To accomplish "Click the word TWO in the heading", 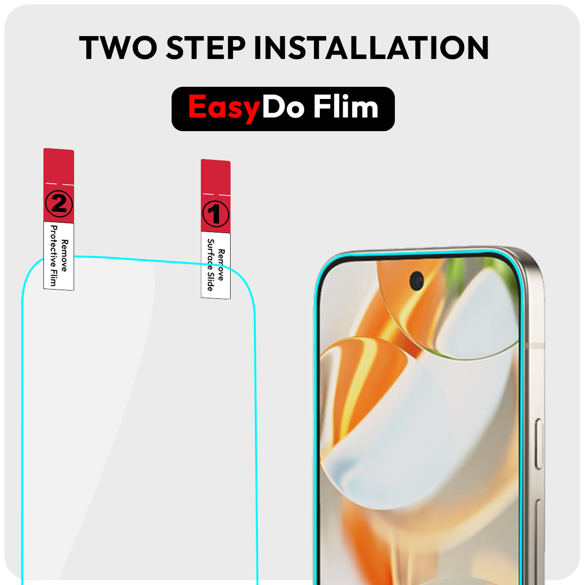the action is point(118,47).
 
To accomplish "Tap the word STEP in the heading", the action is point(206,47).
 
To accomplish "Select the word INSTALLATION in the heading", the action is point(371,47).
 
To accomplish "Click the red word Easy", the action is point(224,107).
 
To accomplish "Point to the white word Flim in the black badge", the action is point(346,106).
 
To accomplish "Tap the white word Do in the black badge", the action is point(283,106).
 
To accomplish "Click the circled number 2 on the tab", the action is point(59,203).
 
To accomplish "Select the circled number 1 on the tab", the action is point(216,214).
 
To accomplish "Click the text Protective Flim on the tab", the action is point(54,255).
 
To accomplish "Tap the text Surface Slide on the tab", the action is point(211,265).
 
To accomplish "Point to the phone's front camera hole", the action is point(416,280).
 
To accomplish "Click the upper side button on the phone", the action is point(539,444).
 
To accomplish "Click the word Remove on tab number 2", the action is point(65,255).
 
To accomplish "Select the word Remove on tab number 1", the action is point(221,265).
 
